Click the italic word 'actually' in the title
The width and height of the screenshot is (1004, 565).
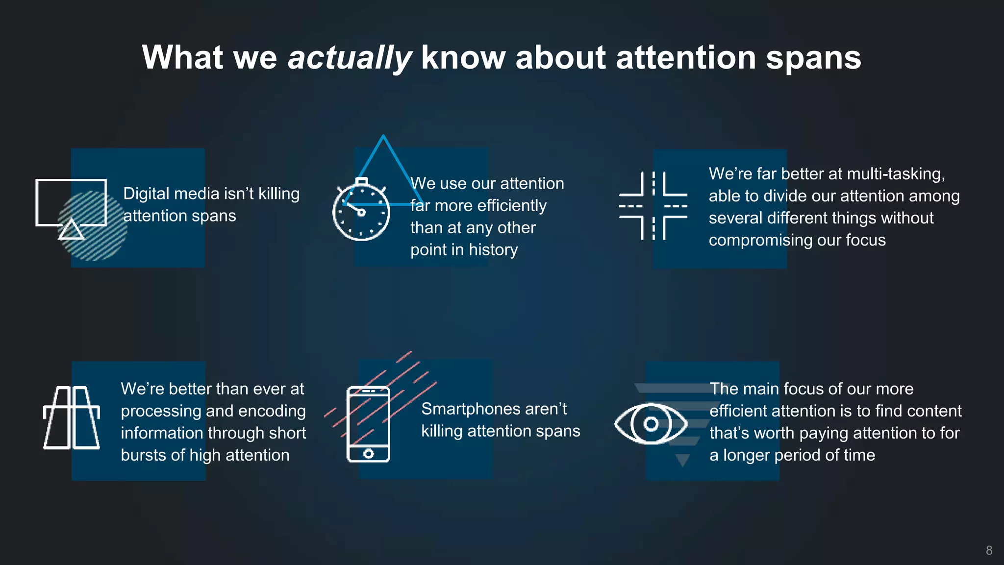(350, 58)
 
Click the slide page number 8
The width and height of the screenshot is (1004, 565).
(989, 550)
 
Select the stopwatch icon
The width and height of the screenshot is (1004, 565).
(361, 210)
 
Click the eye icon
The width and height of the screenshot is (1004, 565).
(651, 424)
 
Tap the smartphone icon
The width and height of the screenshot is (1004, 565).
(368, 424)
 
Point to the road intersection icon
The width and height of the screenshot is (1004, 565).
(653, 206)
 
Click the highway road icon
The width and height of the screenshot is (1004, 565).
(72, 418)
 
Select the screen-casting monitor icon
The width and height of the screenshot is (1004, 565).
(71, 208)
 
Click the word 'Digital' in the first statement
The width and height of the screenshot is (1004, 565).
(146, 194)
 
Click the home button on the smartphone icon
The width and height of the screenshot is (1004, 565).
(369, 454)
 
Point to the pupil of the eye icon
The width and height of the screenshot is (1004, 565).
(651, 424)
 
